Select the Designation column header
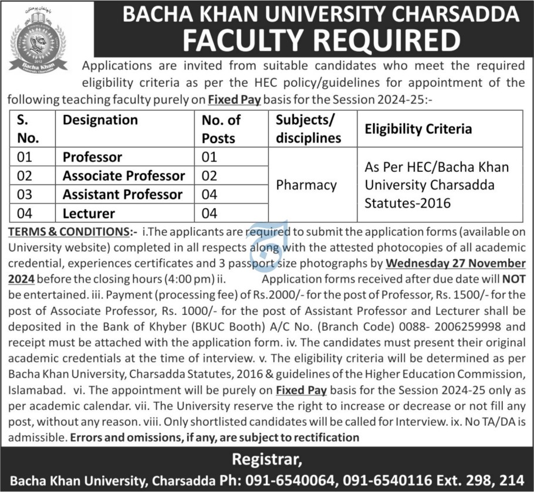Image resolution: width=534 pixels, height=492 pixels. click(100, 120)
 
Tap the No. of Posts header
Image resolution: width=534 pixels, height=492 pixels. click(221, 129)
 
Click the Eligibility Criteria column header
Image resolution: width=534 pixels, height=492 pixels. click(418, 128)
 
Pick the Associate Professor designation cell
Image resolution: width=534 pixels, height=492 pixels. click(124, 176)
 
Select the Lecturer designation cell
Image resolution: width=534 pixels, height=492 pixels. click(89, 213)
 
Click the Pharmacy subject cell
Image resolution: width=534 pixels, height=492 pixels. click(306, 185)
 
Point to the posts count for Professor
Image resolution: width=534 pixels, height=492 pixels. click(209, 157)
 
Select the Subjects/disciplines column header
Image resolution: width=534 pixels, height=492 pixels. click(308, 129)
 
